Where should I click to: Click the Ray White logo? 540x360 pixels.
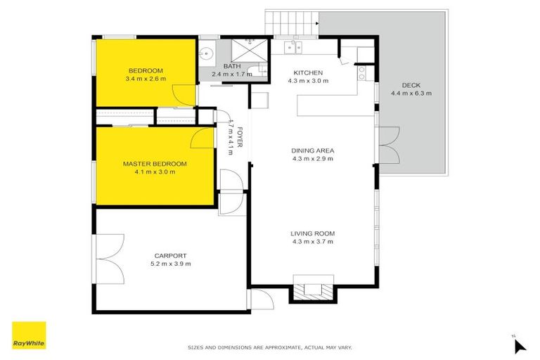click(x=29, y=335)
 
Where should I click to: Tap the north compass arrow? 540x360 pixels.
click(x=519, y=345)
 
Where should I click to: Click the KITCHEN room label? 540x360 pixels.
click(x=308, y=72)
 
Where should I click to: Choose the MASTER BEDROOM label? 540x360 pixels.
click(x=155, y=164)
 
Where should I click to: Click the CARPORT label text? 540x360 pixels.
click(x=170, y=255)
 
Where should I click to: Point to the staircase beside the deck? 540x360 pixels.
click(x=291, y=22)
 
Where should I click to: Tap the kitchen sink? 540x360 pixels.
click(x=292, y=48)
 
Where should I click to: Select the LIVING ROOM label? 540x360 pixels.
click(x=313, y=233)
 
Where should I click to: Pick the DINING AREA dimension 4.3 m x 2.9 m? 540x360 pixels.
click(x=313, y=158)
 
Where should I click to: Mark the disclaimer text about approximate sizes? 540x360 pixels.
click(x=269, y=347)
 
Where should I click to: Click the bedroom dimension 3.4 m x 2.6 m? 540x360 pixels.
click(x=146, y=78)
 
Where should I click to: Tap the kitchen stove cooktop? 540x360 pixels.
click(x=362, y=72)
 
